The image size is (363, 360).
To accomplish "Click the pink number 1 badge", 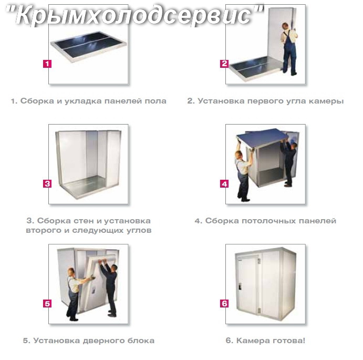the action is [x=47, y=64].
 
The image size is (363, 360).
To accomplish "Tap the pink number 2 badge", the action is [x=224, y=64].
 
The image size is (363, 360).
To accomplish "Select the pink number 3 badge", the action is [x=47, y=184].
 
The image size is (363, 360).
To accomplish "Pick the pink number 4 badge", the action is [x=224, y=184].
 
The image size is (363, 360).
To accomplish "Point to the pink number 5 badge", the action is [x=47, y=303].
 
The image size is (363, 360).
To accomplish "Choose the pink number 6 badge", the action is [x=224, y=303].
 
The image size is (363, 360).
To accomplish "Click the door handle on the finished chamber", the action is [x=240, y=286].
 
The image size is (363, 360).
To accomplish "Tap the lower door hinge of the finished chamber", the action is [x=260, y=311].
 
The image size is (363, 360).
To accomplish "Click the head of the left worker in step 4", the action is [x=238, y=155].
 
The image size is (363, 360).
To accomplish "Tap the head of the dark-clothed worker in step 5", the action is [x=115, y=269].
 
